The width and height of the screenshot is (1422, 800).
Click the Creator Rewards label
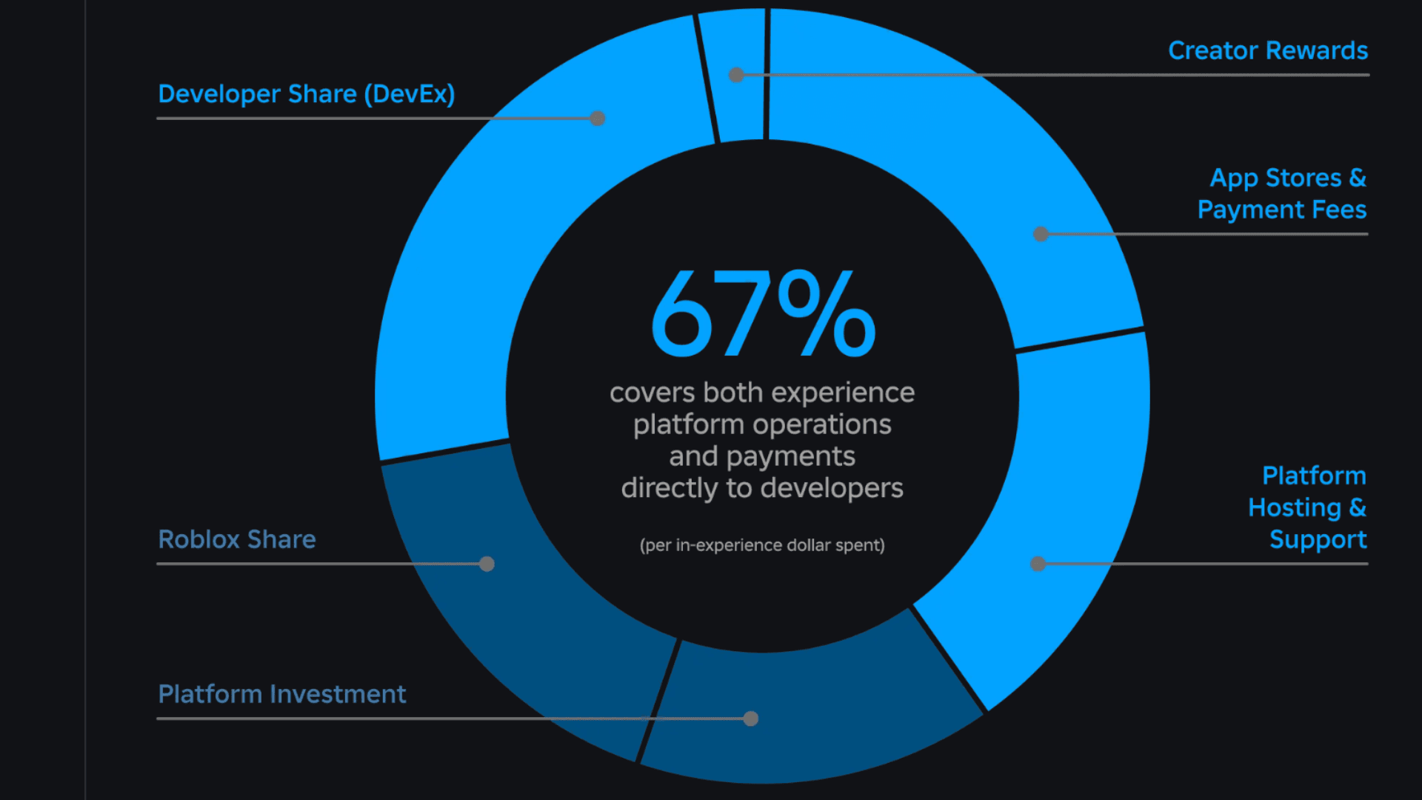point(1267,50)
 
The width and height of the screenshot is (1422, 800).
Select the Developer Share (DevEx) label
point(306,94)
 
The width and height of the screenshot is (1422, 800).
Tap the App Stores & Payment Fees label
point(1282,193)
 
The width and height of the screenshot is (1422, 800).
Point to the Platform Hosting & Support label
point(1307,507)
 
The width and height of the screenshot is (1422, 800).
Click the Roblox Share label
point(237,539)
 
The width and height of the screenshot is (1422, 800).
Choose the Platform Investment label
point(282,694)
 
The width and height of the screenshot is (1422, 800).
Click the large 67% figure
point(763,315)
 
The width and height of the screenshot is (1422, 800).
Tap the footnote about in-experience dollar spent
point(762,545)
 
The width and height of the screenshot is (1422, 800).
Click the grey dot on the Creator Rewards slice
point(736,75)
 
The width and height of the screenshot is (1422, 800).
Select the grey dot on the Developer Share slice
point(598,119)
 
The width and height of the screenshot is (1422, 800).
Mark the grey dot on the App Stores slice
point(1041,234)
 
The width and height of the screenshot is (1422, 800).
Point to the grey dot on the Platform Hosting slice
point(1038,564)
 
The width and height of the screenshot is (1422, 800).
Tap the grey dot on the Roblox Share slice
point(487,564)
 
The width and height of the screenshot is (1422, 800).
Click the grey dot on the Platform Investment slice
point(751,719)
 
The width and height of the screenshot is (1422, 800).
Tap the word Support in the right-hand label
point(1318,540)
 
